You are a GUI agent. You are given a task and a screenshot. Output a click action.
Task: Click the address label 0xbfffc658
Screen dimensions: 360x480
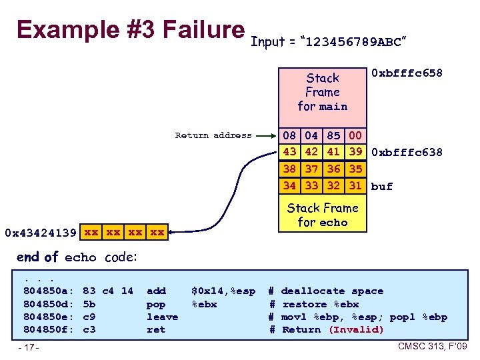click(x=406, y=73)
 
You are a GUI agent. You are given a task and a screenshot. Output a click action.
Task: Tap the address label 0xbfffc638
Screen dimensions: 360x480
click(x=406, y=152)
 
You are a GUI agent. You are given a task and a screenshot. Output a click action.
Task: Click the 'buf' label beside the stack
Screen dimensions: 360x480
click(x=382, y=187)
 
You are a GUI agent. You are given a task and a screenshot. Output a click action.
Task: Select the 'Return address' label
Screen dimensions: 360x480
click(x=213, y=135)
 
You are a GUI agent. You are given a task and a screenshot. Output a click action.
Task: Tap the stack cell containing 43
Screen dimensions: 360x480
click(x=289, y=151)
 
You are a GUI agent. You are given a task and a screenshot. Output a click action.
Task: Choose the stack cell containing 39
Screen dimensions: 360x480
click(x=355, y=151)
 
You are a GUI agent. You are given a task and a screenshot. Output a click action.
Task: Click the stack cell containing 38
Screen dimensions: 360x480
click(x=289, y=169)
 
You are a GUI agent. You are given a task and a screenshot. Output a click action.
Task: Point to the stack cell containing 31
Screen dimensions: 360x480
click(x=355, y=185)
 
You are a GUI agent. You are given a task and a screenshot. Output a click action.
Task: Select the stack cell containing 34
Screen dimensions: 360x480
click(x=289, y=185)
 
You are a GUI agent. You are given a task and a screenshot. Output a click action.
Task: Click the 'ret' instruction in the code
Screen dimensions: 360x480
click(x=155, y=329)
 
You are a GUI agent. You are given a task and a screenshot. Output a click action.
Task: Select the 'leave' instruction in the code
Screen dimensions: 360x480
click(x=162, y=317)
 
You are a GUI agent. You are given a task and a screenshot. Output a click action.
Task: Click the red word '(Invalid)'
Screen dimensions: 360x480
click(x=357, y=329)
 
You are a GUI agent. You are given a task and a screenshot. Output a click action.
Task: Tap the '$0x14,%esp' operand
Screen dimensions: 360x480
click(x=223, y=291)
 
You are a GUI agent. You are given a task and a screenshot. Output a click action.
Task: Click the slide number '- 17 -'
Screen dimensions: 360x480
click(x=29, y=348)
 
